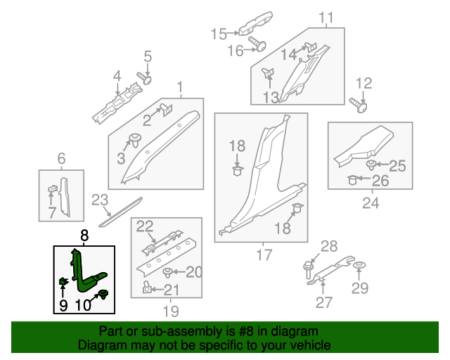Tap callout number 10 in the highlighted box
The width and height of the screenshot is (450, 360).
click(x=84, y=304)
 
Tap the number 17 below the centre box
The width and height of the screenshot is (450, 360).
click(x=264, y=255)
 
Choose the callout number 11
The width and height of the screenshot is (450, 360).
click(x=326, y=18)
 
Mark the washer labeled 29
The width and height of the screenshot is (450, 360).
click(x=359, y=265)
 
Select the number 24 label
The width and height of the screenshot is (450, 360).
click(x=370, y=204)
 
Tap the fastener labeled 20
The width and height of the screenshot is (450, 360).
click(x=167, y=272)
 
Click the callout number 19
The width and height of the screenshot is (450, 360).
click(x=170, y=310)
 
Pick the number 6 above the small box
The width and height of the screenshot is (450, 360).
click(x=61, y=158)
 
